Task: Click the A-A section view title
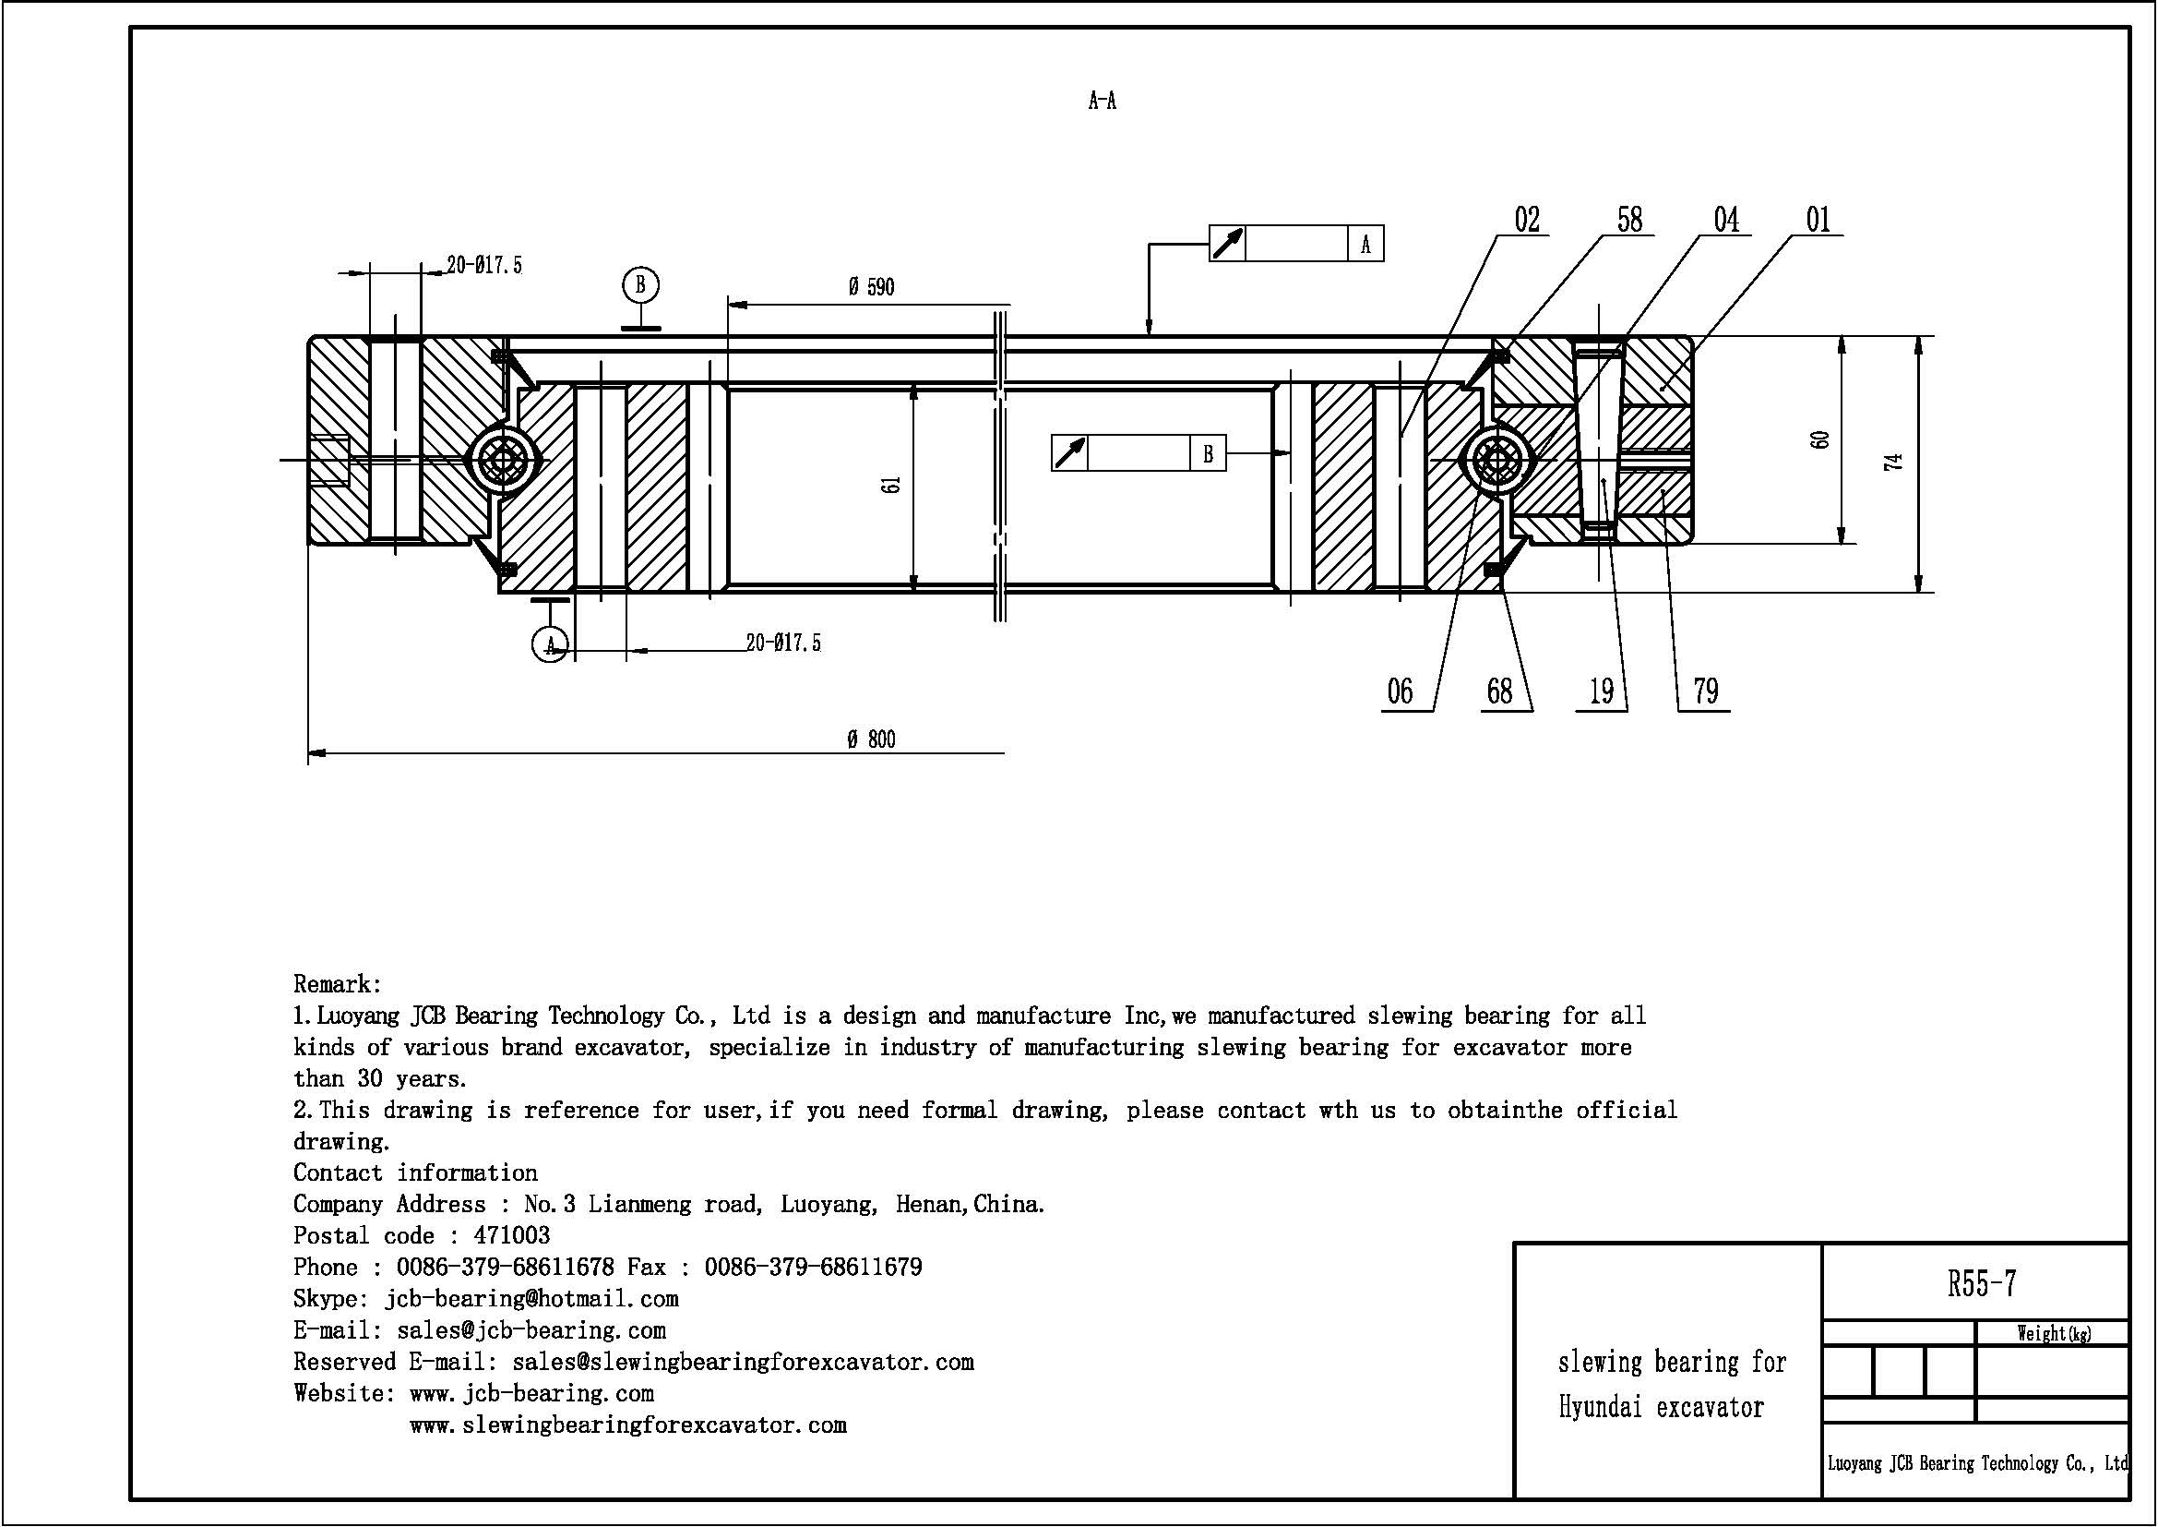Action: (x=1102, y=101)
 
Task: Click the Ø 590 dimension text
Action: (x=871, y=287)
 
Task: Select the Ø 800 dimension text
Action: (x=871, y=740)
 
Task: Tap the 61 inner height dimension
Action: (x=892, y=485)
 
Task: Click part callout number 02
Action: (x=1527, y=220)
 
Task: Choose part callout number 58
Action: (x=1629, y=220)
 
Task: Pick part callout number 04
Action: (x=1726, y=220)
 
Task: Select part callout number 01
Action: (x=1818, y=220)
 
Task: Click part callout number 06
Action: (x=1400, y=692)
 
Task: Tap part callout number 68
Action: (x=1500, y=692)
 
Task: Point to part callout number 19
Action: (x=1602, y=692)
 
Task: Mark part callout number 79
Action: (x=1706, y=692)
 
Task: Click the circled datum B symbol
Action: (x=640, y=284)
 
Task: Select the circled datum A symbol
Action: (x=550, y=645)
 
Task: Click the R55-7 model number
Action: (x=1982, y=1283)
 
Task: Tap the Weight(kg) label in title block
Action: (x=2054, y=1333)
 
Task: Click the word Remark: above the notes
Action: (x=338, y=984)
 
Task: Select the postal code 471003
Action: (x=511, y=1235)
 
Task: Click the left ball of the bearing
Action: (x=502, y=461)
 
